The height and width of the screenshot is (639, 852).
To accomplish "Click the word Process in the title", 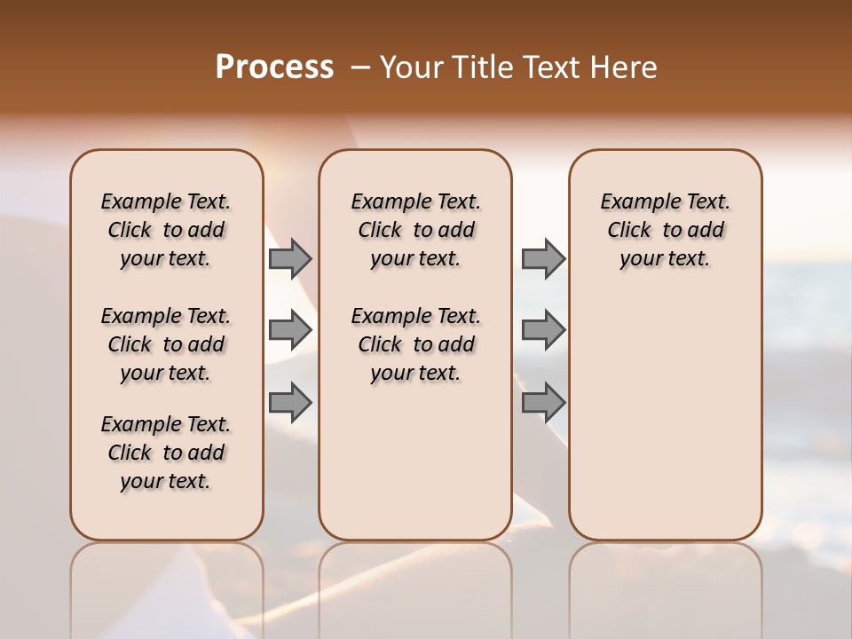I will click(x=274, y=67).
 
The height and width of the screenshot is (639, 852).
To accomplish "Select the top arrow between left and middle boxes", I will click(x=290, y=259).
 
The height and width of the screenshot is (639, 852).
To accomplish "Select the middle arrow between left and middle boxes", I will click(x=290, y=331).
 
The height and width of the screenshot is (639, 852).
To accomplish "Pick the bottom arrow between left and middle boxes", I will click(x=290, y=403).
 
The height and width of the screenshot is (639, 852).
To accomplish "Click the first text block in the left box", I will click(x=166, y=230).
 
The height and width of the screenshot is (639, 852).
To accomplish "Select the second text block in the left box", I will click(x=166, y=344).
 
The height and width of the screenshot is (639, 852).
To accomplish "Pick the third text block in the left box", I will click(x=166, y=453).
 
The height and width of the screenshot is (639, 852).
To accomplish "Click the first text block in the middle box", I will click(x=415, y=230).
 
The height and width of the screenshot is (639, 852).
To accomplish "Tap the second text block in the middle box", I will click(x=415, y=344).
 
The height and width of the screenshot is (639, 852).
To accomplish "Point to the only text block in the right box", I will click(x=665, y=230).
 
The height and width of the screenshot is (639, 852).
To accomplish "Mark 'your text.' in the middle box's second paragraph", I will click(x=415, y=374).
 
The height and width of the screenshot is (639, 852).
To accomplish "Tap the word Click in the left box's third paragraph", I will click(x=130, y=453).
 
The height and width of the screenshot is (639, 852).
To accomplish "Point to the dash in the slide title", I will click(x=360, y=67).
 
